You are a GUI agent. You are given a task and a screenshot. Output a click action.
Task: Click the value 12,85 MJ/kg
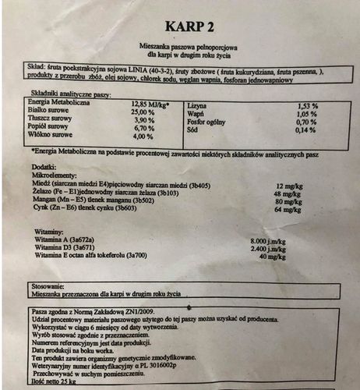[x=151, y=103]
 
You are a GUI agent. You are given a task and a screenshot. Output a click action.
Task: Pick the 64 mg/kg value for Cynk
[x=286, y=210]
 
